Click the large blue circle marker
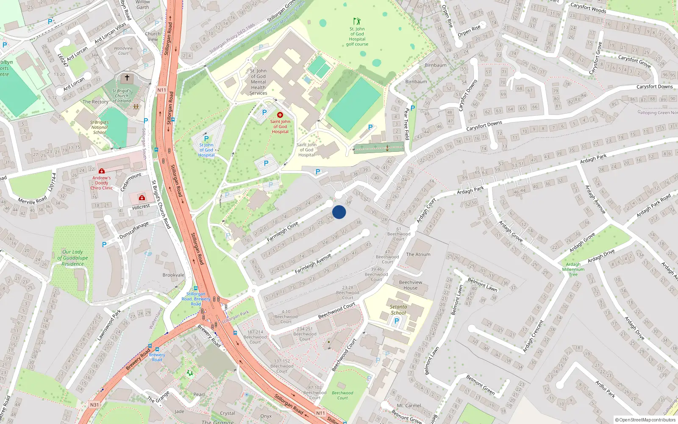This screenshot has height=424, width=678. tap(339, 212)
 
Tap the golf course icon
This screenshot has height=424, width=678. tap(357, 21)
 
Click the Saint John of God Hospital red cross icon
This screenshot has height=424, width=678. tap(280, 115)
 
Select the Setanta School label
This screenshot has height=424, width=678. tap(398, 310)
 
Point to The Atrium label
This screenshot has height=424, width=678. tap(418, 254)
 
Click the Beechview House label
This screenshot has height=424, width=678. tap(410, 285)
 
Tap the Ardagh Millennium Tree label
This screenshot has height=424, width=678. tap(573, 269)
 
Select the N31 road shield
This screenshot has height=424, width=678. tap(94, 404)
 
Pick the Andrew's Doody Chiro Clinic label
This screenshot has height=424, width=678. tap(102, 183)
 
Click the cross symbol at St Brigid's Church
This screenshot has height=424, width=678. tap(127, 78)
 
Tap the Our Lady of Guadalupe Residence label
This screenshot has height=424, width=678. tap(72, 258)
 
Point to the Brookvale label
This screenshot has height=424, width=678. tap(173, 275)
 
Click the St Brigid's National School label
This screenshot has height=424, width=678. tap(100, 127)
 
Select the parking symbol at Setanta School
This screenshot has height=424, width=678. tap(397, 321)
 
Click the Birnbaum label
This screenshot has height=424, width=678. tap(436, 65)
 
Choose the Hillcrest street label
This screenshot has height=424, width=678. tap(141, 206)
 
